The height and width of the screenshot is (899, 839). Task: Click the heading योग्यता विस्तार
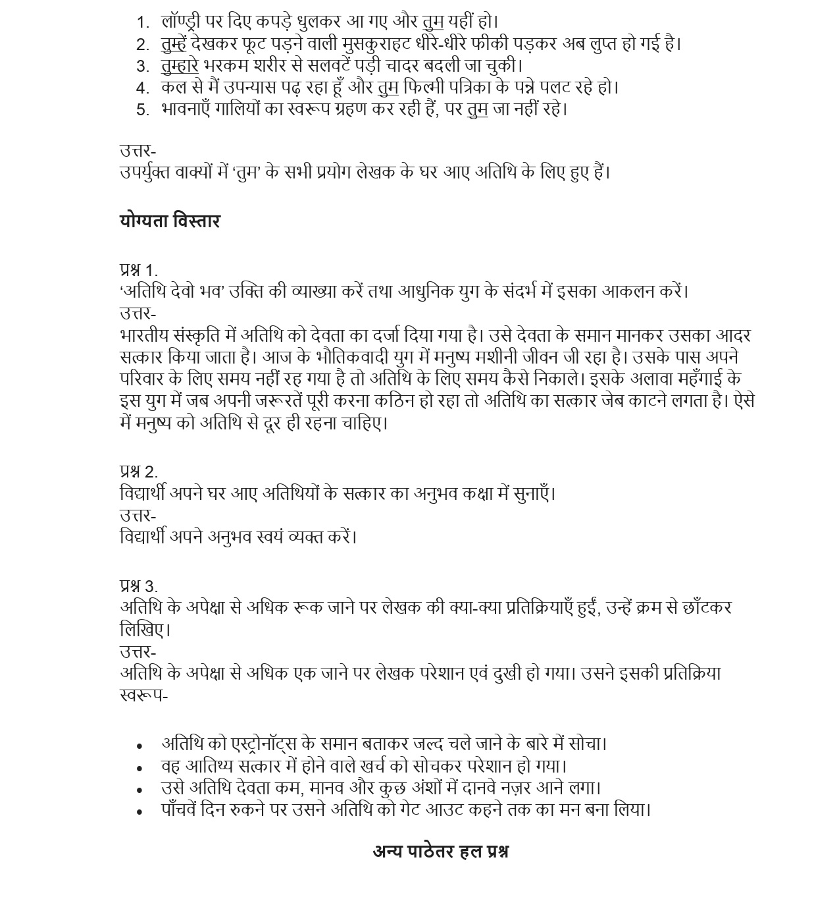pyautogui.click(x=170, y=221)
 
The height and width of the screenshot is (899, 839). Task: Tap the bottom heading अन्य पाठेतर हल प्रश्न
pyautogui.click(x=440, y=852)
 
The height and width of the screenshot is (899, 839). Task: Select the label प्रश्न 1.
pyautogui.click(x=139, y=270)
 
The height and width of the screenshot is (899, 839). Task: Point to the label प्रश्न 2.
pyautogui.click(x=139, y=472)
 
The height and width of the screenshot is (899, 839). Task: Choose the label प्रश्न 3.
pyautogui.click(x=139, y=586)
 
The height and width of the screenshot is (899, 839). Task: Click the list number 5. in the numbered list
pyautogui.click(x=143, y=110)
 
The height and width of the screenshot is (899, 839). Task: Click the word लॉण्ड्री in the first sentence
pyautogui.click(x=181, y=22)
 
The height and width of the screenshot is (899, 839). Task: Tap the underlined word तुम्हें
pyautogui.click(x=174, y=44)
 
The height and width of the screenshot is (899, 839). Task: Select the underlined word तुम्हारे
pyautogui.click(x=180, y=66)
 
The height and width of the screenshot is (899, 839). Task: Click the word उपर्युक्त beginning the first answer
pyautogui.click(x=145, y=173)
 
